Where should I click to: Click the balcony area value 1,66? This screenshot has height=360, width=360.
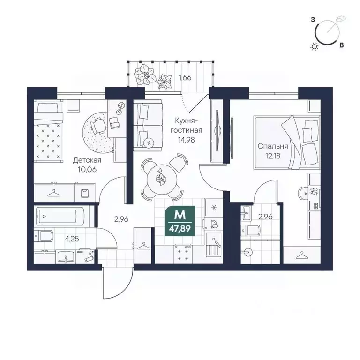185,77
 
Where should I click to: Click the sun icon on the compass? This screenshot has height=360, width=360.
314,46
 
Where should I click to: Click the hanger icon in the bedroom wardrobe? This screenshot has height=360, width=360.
301,255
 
